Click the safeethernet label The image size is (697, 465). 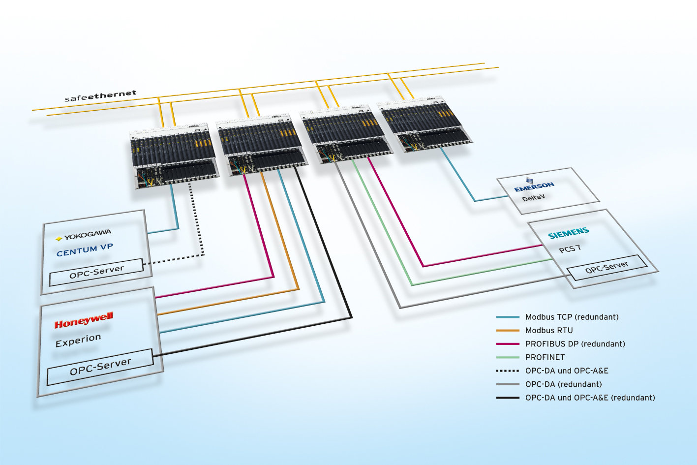pos(100,95)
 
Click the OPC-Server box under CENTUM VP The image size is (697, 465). pos(96,272)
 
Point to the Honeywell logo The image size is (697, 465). pos(84,320)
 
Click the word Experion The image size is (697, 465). pos(78,340)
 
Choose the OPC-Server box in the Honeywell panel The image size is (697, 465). pos(100,367)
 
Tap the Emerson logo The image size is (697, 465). pos(534,186)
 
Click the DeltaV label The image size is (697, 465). pos(534,198)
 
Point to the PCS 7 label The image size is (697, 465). pos(570,249)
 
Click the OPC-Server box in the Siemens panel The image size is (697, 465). pos(606,267)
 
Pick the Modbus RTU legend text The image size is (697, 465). pos(549,330)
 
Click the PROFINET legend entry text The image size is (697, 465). pos(545,357)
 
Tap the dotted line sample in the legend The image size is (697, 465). pos(508,371)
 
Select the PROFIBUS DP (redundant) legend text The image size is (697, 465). pos(575,344)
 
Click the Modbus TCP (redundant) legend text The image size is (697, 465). pos(572,317)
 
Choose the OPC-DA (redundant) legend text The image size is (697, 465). pos(563,384)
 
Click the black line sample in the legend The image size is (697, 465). pos(508,398)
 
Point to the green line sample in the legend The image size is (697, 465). pos(508,357)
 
